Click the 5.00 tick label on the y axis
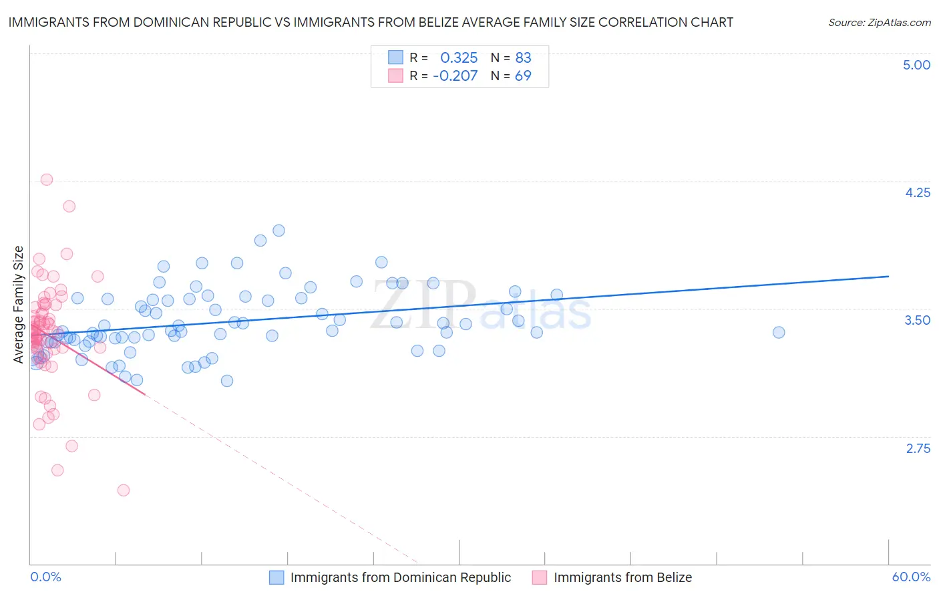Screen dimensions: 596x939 pyautogui.click(x=916, y=65)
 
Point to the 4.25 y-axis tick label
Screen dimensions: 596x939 pyautogui.click(x=917, y=192)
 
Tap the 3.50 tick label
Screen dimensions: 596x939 pyautogui.click(x=917, y=320)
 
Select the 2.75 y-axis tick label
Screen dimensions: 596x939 pyautogui.click(x=918, y=448)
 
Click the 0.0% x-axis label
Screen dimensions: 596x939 pyautogui.click(x=45, y=577)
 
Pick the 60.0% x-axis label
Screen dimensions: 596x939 pyautogui.click(x=911, y=577)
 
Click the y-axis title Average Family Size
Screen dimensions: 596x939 pyautogui.click(x=19, y=305)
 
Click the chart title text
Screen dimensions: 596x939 pyautogui.click(x=371, y=22)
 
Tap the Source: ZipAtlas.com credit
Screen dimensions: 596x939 pyautogui.click(x=879, y=22)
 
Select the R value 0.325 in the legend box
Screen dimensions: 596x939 pyautogui.click(x=459, y=57)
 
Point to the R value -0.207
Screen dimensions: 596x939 pyautogui.click(x=455, y=76)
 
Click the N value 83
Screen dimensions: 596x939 pyautogui.click(x=523, y=57)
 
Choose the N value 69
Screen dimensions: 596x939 pyautogui.click(x=523, y=76)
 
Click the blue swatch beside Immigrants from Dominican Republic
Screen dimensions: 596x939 pyautogui.click(x=276, y=577)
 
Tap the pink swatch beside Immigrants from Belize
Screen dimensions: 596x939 pyautogui.click(x=540, y=577)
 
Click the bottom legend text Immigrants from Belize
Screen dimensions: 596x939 pyautogui.click(x=622, y=577)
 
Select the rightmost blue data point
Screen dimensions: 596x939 pyautogui.click(x=778, y=332)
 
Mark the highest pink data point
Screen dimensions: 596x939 pyautogui.click(x=47, y=179)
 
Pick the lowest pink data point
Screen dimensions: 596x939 pyautogui.click(x=123, y=490)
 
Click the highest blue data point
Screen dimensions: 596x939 pyautogui.click(x=278, y=231)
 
